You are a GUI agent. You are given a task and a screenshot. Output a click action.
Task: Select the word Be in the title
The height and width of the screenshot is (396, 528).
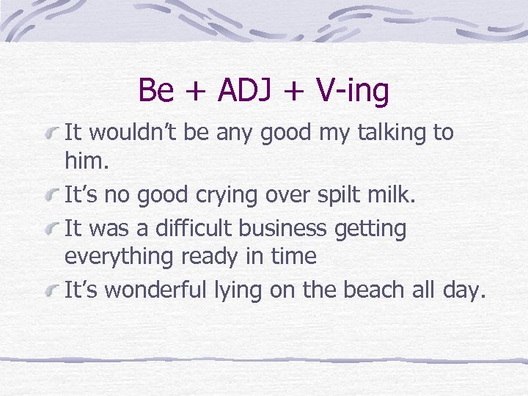point(155,91)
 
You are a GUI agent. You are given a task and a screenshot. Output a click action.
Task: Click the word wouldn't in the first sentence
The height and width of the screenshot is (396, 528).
point(138,133)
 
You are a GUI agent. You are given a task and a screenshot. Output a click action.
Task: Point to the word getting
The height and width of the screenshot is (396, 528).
point(370,230)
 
